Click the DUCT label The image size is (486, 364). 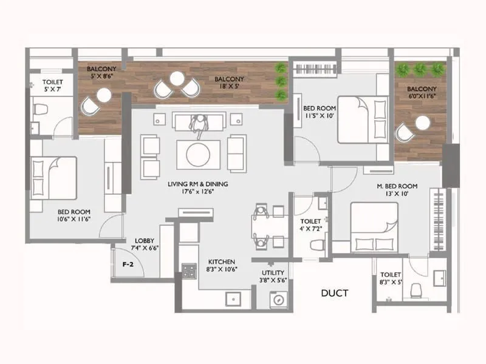[x=334, y=294]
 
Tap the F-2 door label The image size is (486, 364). [x=128, y=265]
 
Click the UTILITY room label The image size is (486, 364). [x=273, y=274]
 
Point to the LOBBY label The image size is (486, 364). [x=145, y=241]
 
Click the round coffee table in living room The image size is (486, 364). [x=199, y=154]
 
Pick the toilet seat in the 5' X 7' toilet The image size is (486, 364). [x=41, y=110]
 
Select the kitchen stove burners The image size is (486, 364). [x=189, y=270]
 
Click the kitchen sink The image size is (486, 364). [x=231, y=298]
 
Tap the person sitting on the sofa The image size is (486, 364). [x=198, y=124]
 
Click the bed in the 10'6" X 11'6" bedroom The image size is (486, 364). [x=55, y=178]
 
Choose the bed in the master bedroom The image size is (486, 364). [x=374, y=226]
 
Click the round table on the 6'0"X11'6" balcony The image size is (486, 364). [x=423, y=123]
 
